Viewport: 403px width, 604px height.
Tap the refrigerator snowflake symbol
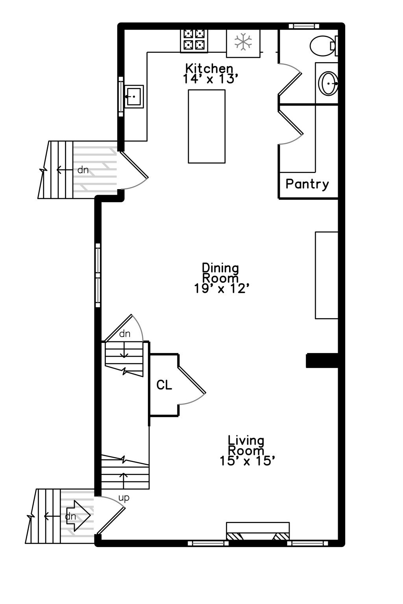coord(243,42)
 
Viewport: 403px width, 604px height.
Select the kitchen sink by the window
coord(134,96)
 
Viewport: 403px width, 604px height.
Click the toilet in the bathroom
coord(323,46)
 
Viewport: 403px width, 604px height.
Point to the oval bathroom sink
coord(328,83)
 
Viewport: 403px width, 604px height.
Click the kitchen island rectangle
coord(207,126)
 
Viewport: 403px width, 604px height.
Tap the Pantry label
coord(307,184)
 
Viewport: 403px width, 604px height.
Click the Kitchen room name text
coord(209,68)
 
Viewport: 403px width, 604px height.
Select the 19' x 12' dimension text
coord(222,289)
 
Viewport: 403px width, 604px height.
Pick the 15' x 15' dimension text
coord(247,461)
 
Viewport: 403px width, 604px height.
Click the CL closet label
coord(164,385)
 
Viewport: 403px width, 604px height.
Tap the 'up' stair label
coord(124,498)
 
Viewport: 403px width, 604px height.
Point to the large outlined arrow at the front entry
coord(79,515)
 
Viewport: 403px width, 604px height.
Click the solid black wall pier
coord(322,361)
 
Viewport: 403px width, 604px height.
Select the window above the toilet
coord(304,26)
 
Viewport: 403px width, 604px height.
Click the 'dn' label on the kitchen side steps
coord(83,170)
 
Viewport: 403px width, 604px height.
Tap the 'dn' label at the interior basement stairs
coord(125,334)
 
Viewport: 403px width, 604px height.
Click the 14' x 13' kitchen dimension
coord(211,79)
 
